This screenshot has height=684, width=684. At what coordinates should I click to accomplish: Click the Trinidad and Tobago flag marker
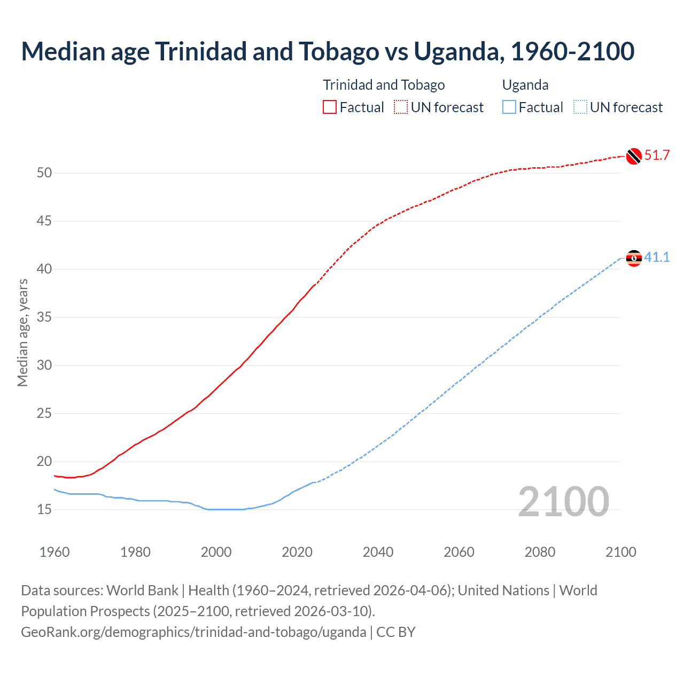click(x=633, y=156)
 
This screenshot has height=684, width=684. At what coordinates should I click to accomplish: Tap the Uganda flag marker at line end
click(x=633, y=258)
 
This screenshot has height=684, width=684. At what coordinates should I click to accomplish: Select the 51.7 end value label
click(x=657, y=156)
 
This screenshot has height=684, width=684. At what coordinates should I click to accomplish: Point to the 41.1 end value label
click(x=657, y=258)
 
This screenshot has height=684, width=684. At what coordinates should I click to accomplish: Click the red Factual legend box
click(x=330, y=107)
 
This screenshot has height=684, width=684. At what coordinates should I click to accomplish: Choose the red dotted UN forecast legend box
click(x=401, y=107)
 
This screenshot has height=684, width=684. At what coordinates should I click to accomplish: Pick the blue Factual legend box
click(x=509, y=107)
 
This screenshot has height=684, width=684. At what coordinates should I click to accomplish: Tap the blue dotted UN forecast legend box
click(x=580, y=107)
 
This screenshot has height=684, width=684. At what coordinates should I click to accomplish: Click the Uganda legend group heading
click(x=525, y=85)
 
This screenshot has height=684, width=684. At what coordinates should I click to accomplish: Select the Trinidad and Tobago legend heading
click(x=384, y=85)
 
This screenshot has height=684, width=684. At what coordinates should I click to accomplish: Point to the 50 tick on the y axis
click(x=44, y=173)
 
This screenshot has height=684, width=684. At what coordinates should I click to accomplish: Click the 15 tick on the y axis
click(x=44, y=509)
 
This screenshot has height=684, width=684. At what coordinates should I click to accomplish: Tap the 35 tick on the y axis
click(x=44, y=317)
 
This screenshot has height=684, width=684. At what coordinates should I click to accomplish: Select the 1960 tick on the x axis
click(x=55, y=552)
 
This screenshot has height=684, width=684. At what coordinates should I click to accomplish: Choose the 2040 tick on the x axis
click(x=378, y=552)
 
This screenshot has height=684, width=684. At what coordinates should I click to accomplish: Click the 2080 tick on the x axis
click(x=540, y=552)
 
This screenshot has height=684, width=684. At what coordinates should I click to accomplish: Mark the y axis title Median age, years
click(x=22, y=332)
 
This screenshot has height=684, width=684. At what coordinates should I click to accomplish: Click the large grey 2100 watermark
click(x=563, y=501)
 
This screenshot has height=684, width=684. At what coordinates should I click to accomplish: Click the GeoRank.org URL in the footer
click(x=193, y=632)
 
